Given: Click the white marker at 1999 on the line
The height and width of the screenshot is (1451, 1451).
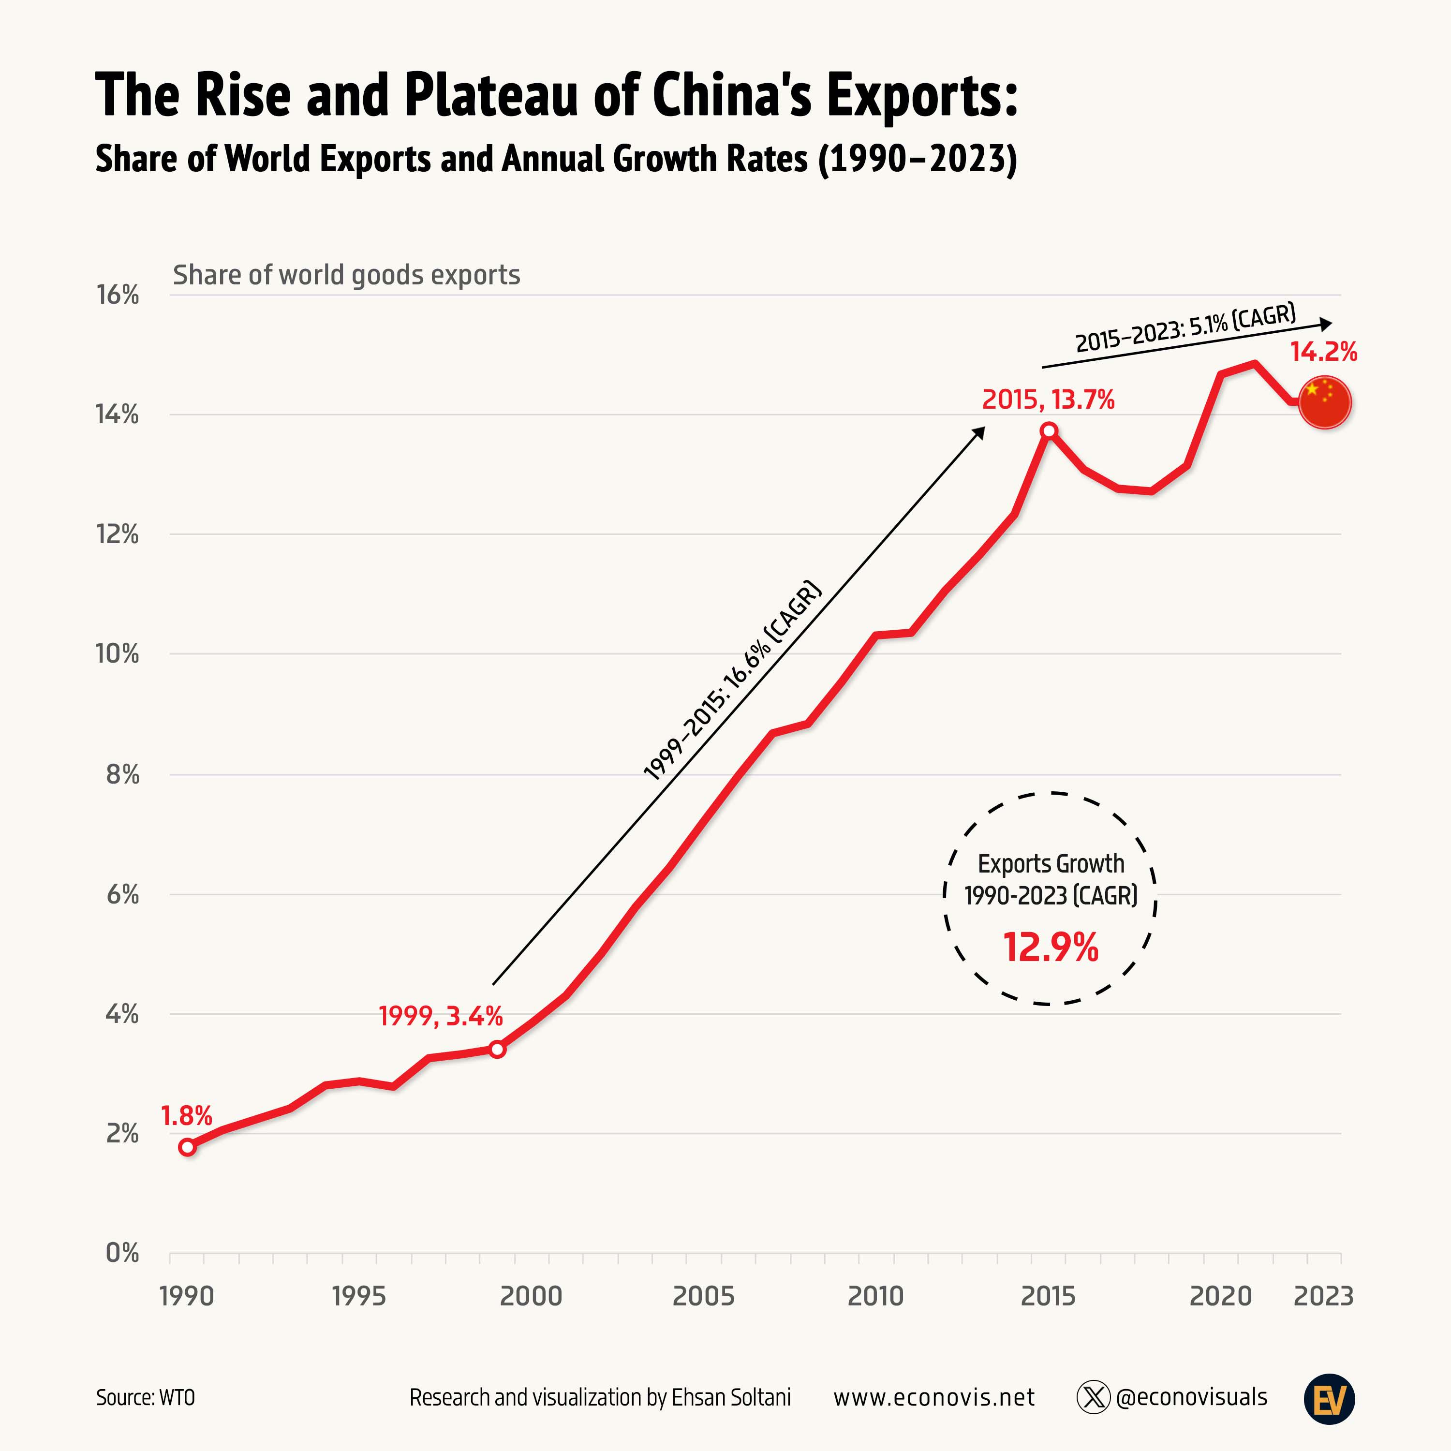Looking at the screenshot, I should (497, 1049).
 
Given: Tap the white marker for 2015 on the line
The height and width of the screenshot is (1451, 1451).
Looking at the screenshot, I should (1049, 430).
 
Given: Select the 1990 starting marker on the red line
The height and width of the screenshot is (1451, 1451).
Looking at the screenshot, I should (188, 1147).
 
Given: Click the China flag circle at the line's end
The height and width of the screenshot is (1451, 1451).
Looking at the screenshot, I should (1325, 402).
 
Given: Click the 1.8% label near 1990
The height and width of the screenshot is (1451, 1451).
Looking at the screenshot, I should (186, 1116).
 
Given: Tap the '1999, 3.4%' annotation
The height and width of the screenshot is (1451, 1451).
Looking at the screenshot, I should (440, 1016).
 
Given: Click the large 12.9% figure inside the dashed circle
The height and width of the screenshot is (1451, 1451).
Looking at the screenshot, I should (1050, 947).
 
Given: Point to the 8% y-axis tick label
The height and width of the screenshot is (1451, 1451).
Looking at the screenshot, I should (122, 774).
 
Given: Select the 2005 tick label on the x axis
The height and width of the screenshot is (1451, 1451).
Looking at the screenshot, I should (703, 1296).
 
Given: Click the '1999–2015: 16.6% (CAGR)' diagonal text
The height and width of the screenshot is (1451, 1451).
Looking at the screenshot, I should (733, 680).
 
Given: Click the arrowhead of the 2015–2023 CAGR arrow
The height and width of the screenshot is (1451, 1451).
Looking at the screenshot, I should (1326, 324).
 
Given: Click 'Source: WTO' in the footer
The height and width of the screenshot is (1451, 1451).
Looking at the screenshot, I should (145, 1398).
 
